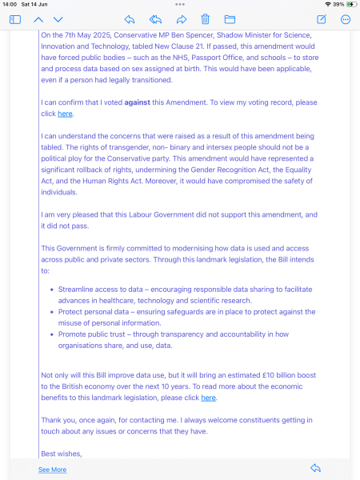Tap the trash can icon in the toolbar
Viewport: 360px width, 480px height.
click(x=206, y=19)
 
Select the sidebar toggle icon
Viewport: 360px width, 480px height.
click(x=15, y=19)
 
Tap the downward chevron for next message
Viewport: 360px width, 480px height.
click(x=58, y=19)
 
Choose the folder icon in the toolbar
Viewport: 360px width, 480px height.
click(x=230, y=19)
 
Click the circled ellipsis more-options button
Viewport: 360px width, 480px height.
click(x=346, y=19)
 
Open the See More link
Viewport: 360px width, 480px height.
click(x=53, y=470)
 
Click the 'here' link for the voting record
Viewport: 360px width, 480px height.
click(x=65, y=114)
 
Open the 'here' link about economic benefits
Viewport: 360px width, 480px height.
click(x=208, y=398)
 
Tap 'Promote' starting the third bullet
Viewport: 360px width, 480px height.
click(x=72, y=334)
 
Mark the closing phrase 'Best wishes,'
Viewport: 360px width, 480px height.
click(x=61, y=454)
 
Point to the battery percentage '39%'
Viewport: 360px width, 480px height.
click(x=338, y=5)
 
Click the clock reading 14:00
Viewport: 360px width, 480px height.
click(x=10, y=5)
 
